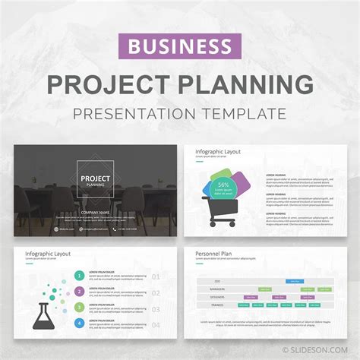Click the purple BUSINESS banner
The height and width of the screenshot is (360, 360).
180,47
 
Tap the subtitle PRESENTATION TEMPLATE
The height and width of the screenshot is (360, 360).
180,114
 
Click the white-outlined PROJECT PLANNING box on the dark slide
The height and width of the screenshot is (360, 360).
95,180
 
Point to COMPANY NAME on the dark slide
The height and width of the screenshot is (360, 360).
95,213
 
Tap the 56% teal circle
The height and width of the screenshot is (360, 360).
223,186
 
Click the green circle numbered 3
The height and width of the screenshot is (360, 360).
80,307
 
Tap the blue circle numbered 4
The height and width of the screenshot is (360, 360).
80,323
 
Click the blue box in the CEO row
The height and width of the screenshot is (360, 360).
293,281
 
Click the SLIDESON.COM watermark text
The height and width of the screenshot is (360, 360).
323,351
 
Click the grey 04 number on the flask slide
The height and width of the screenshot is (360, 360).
156,323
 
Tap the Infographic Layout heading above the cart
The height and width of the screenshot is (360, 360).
218,152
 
